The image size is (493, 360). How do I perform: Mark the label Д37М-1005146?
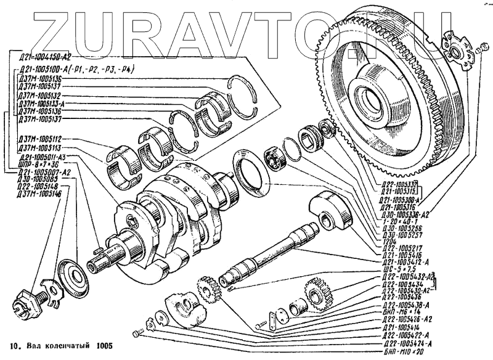tap(41, 194)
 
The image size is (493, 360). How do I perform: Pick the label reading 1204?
tap(390, 240)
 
